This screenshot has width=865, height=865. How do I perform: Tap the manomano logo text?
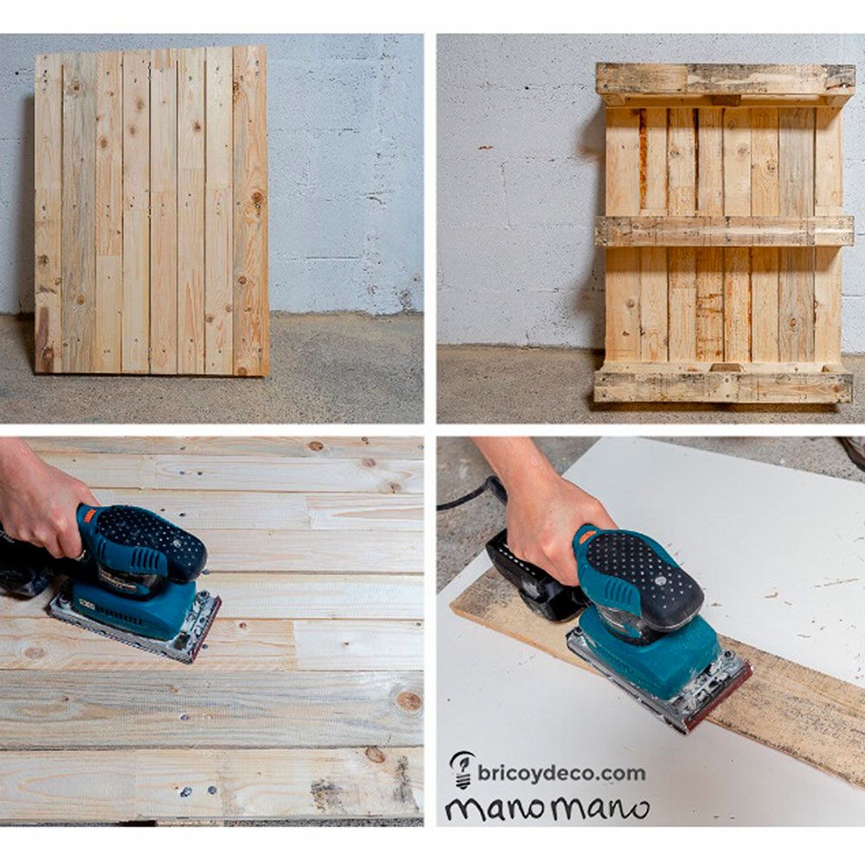point(547,808)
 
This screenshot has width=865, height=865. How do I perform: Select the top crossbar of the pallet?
point(725,80)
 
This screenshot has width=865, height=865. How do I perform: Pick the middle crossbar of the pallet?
point(725,231)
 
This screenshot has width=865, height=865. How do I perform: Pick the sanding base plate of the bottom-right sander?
point(666,692)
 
